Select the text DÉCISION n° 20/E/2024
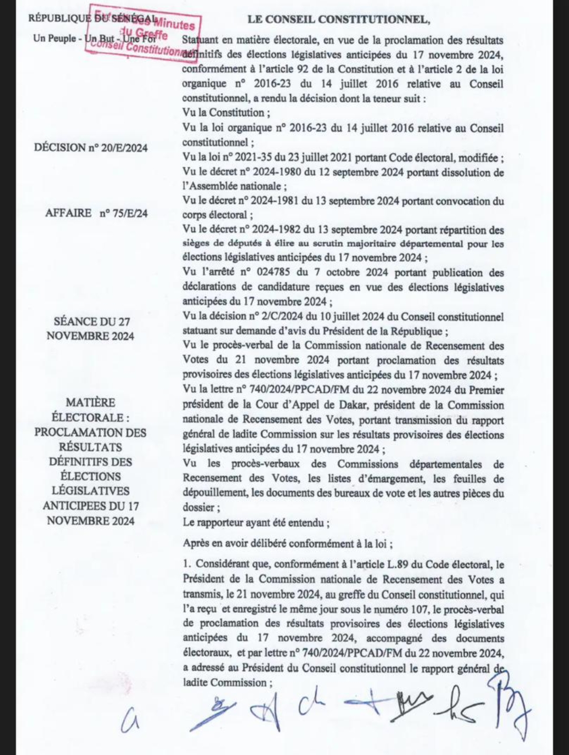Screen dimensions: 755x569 [91, 148]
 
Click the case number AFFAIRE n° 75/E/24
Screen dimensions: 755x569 [96, 213]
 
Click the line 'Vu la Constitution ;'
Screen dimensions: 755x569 [225, 113]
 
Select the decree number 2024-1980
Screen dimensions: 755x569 [270, 172]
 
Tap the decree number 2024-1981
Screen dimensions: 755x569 [270, 201]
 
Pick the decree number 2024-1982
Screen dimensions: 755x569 [270, 230]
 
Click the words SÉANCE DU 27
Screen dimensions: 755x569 [92, 322]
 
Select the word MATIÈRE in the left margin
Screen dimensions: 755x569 [91, 403]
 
